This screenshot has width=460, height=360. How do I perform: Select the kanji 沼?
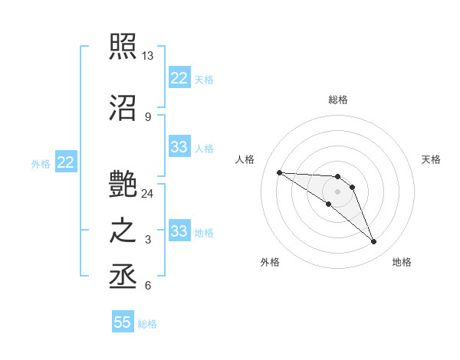click(123, 107)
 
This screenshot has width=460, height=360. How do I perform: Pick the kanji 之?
click(123, 231)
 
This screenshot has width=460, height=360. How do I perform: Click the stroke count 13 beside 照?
click(148, 56)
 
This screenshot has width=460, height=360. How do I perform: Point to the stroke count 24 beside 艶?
click(148, 193)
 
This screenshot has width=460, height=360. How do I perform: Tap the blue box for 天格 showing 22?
click(179, 78)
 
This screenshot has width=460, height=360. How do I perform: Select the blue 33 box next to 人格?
click(179, 147)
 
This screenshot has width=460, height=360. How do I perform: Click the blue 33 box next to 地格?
click(179, 231)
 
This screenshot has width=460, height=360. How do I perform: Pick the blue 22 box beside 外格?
click(66, 162)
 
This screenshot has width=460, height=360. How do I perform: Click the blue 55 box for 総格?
click(123, 322)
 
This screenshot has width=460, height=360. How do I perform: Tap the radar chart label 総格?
click(338, 100)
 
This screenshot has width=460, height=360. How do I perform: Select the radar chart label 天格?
click(431, 159)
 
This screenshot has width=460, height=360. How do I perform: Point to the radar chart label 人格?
click(245, 159)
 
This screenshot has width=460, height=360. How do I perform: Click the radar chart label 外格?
click(270, 262)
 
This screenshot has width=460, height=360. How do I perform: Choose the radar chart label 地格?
click(402, 262)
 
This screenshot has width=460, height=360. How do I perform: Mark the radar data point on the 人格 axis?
click(279, 172)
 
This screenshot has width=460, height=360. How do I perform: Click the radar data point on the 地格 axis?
click(373, 242)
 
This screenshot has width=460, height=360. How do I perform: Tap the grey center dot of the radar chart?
click(337, 191)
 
